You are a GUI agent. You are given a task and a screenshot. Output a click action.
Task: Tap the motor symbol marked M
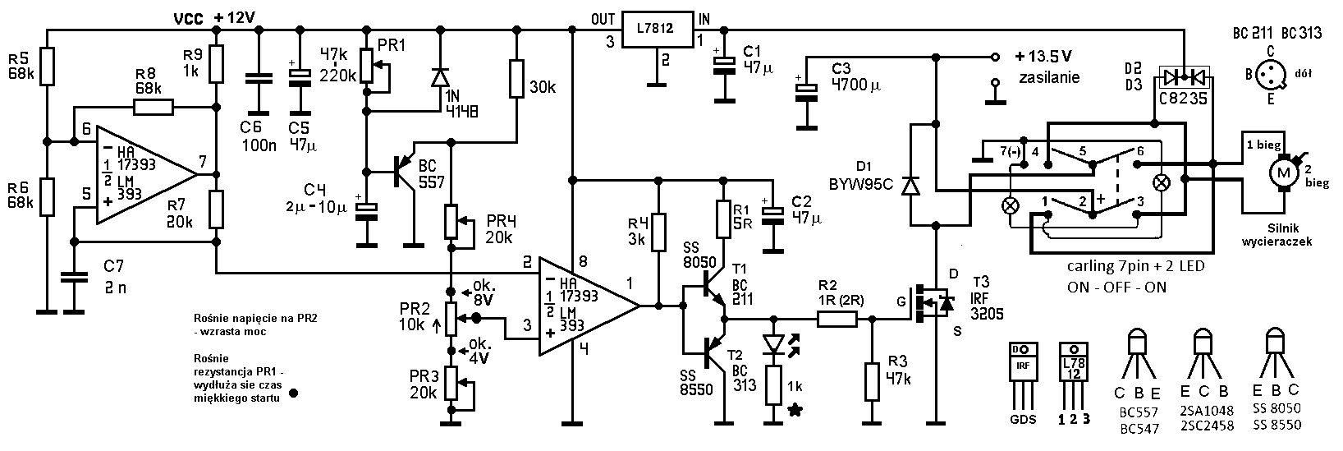coord(1284,173)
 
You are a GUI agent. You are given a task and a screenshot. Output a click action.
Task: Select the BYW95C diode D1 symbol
coord(911,186)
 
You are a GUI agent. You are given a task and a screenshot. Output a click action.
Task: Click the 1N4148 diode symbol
coord(441,77)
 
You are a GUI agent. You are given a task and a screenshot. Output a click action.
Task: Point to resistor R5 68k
coord(47,67)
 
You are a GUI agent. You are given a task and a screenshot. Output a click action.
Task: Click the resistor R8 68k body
coord(154,108)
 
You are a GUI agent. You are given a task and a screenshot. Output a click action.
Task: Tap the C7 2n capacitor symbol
coord(75,277)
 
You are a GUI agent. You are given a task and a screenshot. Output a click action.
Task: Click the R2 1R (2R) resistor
coord(837,319)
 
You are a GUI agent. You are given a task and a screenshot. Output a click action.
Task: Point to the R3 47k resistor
coord(873,381)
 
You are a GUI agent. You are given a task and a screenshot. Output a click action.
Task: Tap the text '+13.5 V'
coord(1043,57)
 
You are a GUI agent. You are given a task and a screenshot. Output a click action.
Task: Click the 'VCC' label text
coord(189,19)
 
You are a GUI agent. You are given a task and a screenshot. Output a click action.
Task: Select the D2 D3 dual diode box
coord(1184,77)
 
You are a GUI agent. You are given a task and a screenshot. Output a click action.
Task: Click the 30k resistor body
coord(517,78)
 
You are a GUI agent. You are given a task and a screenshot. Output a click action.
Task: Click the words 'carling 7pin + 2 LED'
coord(1135,266)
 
